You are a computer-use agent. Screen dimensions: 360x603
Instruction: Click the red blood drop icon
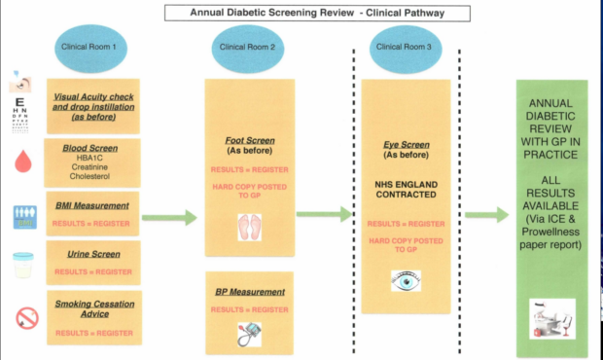point(22,162)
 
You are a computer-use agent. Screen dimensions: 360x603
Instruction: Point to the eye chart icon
point(21,103)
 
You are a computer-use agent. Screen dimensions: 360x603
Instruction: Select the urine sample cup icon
point(22,265)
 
